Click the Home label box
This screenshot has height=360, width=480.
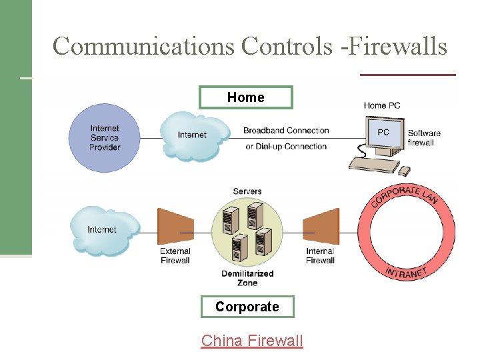point(245,97)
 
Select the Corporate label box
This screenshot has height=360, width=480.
point(247,307)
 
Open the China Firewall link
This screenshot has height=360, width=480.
point(252,341)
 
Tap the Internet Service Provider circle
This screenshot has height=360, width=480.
point(105,138)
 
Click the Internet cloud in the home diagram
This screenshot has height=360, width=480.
point(193,135)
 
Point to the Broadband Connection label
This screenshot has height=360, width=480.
point(286,131)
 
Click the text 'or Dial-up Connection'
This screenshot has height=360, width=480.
point(286,147)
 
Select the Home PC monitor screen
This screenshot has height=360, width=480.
point(383,133)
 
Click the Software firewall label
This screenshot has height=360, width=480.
point(424,138)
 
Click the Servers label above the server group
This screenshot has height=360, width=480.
point(247,191)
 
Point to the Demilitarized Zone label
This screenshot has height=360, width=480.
point(247,278)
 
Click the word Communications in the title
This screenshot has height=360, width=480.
point(143,47)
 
